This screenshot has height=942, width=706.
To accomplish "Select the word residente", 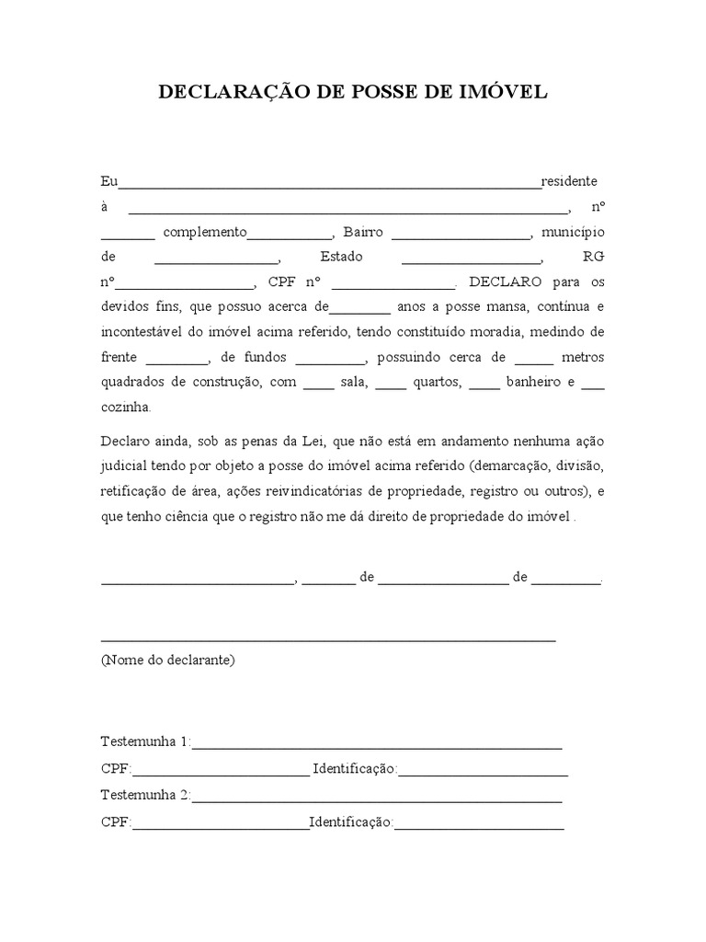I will point(569,181).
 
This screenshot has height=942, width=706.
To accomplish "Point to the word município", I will point(573,232).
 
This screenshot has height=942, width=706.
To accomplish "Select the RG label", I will point(594,257).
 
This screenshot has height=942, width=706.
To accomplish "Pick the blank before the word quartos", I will point(391,385).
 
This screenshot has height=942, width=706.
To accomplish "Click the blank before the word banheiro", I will point(484,385).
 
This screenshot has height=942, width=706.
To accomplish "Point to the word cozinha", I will point(127,407).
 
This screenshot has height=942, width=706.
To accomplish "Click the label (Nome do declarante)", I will point(168,661).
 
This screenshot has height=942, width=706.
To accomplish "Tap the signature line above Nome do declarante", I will point(327,638).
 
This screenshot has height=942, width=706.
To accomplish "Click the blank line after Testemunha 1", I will point(377,746).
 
